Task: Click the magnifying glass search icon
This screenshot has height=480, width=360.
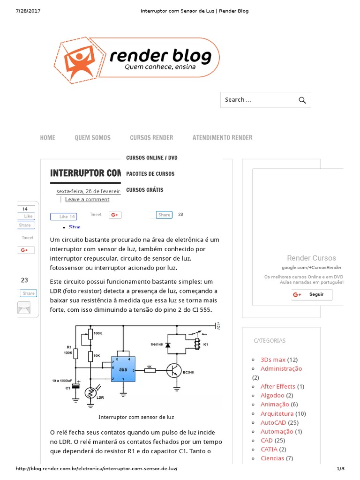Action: coord(302,100)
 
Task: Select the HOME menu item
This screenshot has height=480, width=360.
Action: coord(48,137)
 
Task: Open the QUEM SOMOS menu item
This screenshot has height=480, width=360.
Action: coord(93,137)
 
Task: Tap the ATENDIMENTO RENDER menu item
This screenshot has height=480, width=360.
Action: coord(222,137)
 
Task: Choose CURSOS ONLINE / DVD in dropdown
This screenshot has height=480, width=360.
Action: coord(152,157)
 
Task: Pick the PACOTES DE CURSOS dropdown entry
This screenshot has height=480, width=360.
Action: coord(150,174)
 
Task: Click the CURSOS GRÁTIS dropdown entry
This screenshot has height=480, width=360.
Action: coord(145,190)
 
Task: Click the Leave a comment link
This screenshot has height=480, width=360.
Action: coord(87,199)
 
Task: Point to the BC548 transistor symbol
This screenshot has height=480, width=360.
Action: coord(174,370)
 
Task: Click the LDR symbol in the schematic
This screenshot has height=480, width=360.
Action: coord(91,393)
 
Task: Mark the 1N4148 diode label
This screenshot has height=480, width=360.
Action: coord(157,345)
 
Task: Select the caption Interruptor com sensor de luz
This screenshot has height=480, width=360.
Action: coord(136,417)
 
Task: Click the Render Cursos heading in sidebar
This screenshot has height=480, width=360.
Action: coord(311,258)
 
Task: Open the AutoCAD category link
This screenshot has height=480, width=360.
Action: coord(273,422)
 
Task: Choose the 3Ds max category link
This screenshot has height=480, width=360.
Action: coord(273,360)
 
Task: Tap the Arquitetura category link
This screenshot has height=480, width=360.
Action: coord(277,413)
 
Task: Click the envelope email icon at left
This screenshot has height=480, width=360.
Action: coord(24,308)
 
